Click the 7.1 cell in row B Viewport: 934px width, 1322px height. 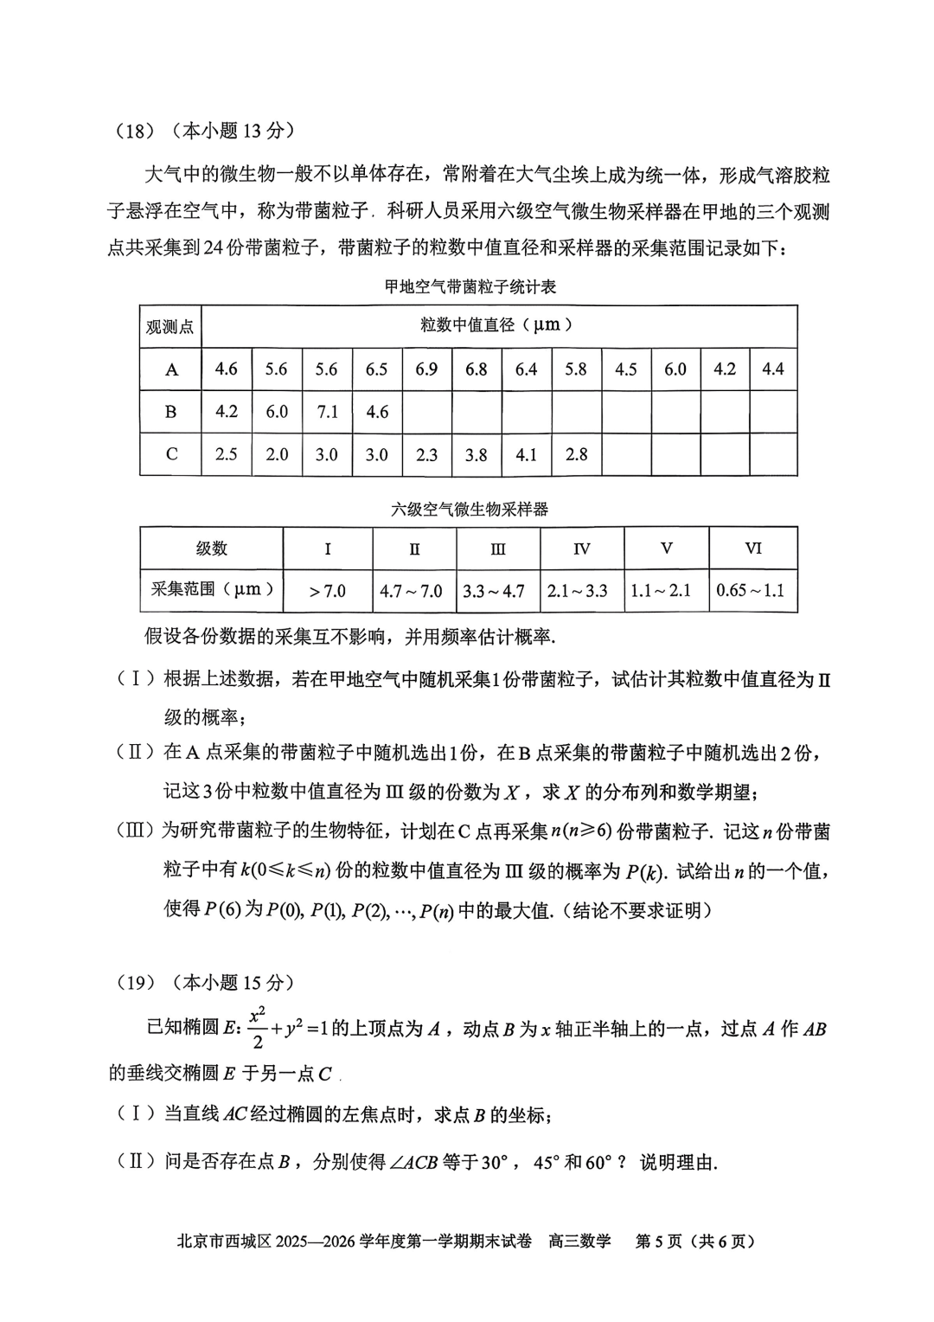coord(327,412)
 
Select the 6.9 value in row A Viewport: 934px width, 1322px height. coord(426,369)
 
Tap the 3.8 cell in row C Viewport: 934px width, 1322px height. coord(477,454)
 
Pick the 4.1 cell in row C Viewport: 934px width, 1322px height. coord(527,454)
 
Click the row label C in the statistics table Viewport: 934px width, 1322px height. coord(171,454)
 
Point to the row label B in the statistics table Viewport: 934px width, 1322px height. coord(171,412)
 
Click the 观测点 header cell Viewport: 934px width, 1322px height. coord(170,327)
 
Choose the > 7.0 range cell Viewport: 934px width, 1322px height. coord(328,591)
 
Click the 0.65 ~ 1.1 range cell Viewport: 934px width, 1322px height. coord(751,591)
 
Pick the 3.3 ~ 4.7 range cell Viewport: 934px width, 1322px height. coord(494,591)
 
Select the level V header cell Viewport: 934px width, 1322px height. coord(667,549)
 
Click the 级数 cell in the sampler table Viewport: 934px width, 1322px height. coord(212,549)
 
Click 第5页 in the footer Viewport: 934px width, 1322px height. coord(658,1242)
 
